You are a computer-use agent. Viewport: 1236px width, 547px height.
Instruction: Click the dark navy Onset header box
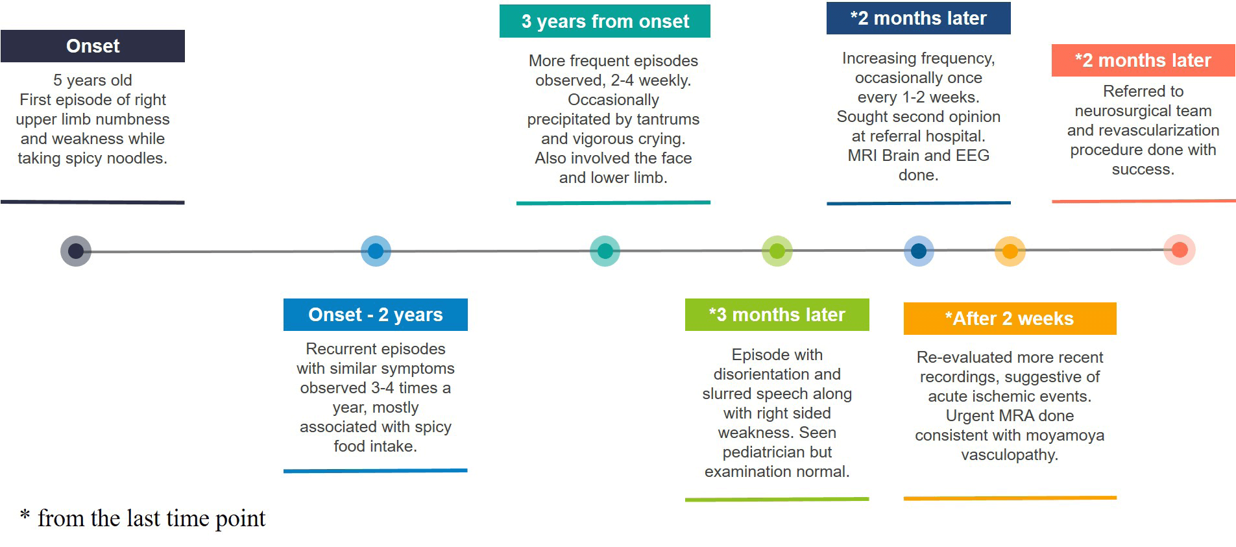click(93, 46)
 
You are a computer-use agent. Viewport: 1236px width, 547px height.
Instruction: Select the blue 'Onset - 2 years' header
click(376, 315)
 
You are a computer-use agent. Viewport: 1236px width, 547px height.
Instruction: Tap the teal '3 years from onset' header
click(605, 21)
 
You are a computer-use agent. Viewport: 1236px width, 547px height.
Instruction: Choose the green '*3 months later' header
click(777, 315)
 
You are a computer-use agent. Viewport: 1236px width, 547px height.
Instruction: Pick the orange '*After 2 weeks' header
click(1010, 319)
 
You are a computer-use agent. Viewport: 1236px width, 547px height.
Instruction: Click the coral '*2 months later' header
click(1143, 60)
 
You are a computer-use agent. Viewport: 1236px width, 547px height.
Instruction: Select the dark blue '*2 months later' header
click(919, 18)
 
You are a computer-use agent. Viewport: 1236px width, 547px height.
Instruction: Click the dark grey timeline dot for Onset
click(76, 251)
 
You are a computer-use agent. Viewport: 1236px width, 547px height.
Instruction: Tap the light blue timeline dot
click(376, 251)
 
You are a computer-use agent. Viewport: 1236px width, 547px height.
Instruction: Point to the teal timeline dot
click(605, 251)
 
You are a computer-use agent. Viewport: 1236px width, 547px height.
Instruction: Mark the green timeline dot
click(777, 251)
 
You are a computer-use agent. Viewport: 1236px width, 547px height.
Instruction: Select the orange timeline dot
click(1010, 251)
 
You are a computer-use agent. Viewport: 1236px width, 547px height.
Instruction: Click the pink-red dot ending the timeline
click(1180, 250)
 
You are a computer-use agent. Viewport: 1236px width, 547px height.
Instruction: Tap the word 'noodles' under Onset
click(139, 158)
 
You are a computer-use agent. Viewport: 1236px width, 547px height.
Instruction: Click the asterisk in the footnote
click(25, 515)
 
